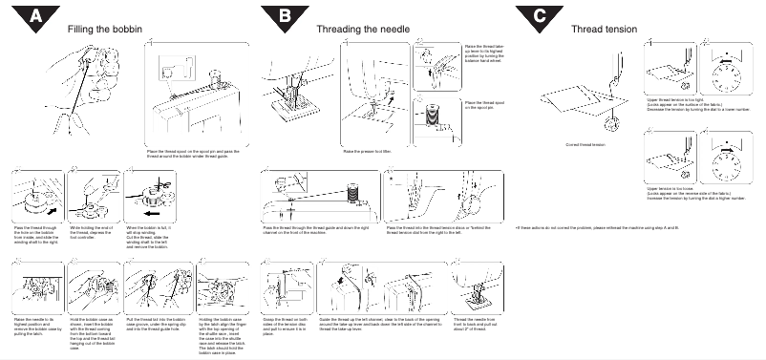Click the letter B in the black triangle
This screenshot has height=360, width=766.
285,16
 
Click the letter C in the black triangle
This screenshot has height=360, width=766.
540,16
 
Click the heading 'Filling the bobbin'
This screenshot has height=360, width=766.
107,29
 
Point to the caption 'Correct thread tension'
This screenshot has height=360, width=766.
585,144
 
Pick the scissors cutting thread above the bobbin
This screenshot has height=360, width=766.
82,186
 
